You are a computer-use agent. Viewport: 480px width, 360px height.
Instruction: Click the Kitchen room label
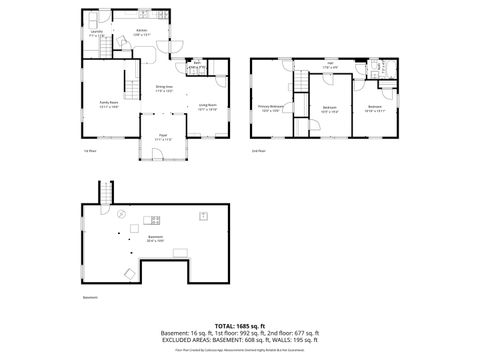coord(142,30)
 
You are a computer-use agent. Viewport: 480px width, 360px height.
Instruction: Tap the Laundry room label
coord(97,33)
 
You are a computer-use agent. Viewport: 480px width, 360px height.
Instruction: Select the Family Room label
coord(109,103)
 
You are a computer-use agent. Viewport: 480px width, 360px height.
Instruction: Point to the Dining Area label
coord(164,88)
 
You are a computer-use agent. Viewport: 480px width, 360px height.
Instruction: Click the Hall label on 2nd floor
coord(330,64)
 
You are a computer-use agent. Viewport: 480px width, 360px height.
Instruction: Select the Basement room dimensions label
coord(156,241)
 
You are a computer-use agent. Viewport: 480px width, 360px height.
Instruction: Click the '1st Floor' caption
coord(89,151)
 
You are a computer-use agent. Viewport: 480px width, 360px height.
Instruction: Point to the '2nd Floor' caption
coord(258,151)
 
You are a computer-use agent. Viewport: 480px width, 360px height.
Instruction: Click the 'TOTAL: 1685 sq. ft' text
coord(240,325)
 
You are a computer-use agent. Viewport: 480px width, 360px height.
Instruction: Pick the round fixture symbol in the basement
coord(120,214)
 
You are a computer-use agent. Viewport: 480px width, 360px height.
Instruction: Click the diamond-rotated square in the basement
coord(128,272)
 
